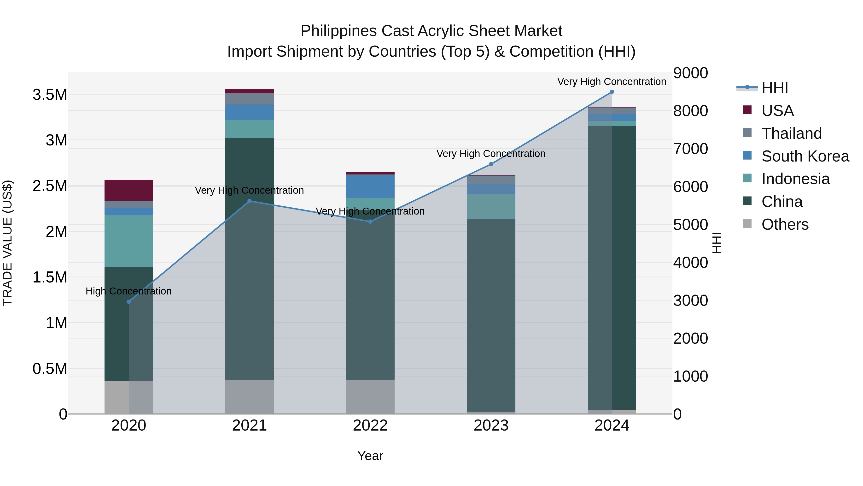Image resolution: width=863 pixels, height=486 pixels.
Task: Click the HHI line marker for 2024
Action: coord(612,92)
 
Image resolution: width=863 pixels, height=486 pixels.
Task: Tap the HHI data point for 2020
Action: coord(129,301)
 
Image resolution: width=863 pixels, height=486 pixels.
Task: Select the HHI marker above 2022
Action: coord(370,221)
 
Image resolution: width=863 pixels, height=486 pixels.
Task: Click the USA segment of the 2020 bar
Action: coord(129,190)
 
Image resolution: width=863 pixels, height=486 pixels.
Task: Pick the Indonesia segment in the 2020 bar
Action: coord(129,241)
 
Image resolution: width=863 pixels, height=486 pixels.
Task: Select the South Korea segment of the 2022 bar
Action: coord(370,186)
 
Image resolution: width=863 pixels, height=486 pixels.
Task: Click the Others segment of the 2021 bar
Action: coord(249,397)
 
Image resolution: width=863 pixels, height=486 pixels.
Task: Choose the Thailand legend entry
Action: coord(791,133)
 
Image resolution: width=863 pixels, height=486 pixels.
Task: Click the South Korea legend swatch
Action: coord(747,156)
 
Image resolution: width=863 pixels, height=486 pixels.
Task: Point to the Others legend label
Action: coord(785,224)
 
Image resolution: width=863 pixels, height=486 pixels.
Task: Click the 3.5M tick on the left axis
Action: coord(50,95)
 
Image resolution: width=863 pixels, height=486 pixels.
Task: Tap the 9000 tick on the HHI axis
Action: coord(690,73)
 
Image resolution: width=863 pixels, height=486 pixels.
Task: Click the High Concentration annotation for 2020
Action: coord(129,291)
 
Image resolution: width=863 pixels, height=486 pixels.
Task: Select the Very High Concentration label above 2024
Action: coord(612,82)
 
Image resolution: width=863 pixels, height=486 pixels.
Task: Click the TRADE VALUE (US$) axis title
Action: coord(7,243)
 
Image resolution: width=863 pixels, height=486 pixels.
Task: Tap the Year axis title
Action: coord(370,456)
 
